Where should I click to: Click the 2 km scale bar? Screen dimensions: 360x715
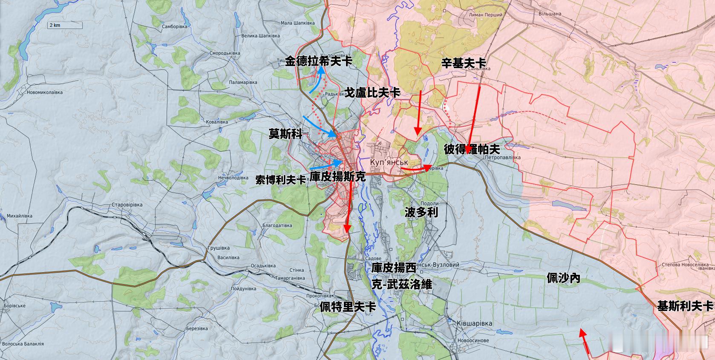tap(64, 25)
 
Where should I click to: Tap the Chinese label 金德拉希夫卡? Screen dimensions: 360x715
tap(318, 61)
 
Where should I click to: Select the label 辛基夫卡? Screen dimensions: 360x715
tap(463, 63)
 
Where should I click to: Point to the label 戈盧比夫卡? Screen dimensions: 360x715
tap(372, 92)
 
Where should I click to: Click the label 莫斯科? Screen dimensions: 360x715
tap(285, 134)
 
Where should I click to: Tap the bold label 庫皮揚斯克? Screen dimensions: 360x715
tap(337, 177)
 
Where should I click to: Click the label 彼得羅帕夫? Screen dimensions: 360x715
tap(472, 149)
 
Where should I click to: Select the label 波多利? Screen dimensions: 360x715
tap(421, 213)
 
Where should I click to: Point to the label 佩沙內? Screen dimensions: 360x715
tap(563, 279)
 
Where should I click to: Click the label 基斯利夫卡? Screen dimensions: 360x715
tap(685, 306)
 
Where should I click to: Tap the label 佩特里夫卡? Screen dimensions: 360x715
tap(348, 307)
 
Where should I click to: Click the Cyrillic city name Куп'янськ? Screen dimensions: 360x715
tap(389, 162)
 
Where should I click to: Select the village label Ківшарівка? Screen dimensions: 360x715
tap(474, 323)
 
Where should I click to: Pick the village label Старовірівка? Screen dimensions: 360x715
tap(127, 205)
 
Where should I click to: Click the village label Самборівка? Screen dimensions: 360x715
tap(175, 26)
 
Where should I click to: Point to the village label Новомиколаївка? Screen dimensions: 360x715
tap(44, 92)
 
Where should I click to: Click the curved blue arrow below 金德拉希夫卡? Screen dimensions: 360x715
tap(316, 82)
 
